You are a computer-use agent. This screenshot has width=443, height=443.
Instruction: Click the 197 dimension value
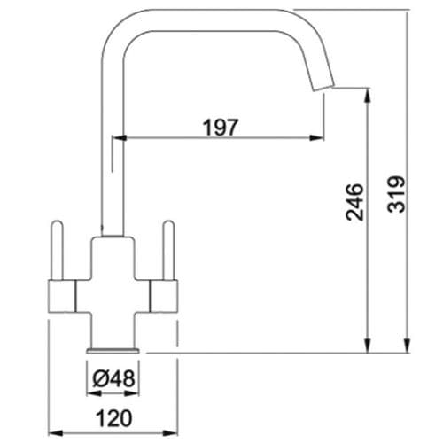click(221, 127)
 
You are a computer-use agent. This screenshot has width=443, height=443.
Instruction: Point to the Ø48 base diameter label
click(113, 378)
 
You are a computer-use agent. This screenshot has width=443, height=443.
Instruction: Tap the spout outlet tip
click(321, 85)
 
